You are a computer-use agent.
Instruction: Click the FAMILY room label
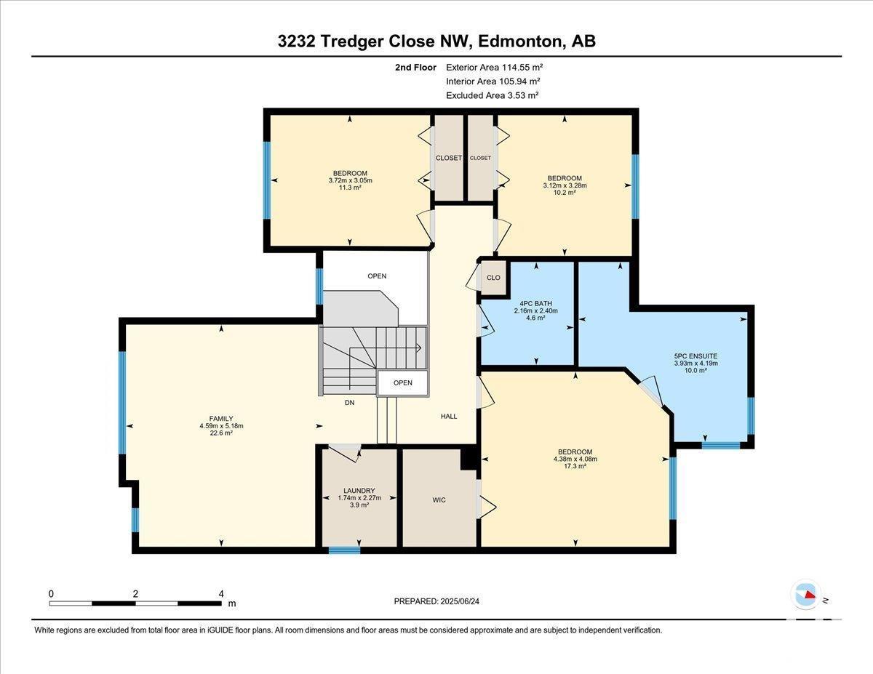coord(221,418)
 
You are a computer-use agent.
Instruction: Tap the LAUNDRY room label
coord(359,491)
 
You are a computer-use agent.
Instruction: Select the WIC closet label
coord(439,500)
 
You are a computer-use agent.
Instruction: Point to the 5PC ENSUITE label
coord(695,356)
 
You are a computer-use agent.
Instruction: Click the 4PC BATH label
coord(536,303)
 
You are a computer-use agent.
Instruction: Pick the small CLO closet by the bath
coord(493,278)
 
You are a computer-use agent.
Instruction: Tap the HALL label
coord(449,417)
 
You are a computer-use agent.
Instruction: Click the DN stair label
coord(349,402)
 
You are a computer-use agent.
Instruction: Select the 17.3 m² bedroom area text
coord(575,466)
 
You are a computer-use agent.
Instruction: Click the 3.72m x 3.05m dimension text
coord(351,180)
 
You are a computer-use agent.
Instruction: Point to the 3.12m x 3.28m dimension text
coord(565,185)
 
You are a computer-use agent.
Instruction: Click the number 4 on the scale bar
coord(221,594)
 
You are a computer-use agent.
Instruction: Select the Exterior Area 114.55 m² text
coord(495,68)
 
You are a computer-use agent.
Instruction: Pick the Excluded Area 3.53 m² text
coord(492,95)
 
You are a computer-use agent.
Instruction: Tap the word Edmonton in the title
coord(520,41)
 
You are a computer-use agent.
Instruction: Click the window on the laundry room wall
coord(344,550)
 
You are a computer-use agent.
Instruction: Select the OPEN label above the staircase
coord(377,276)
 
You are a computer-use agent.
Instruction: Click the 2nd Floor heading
coord(415,68)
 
